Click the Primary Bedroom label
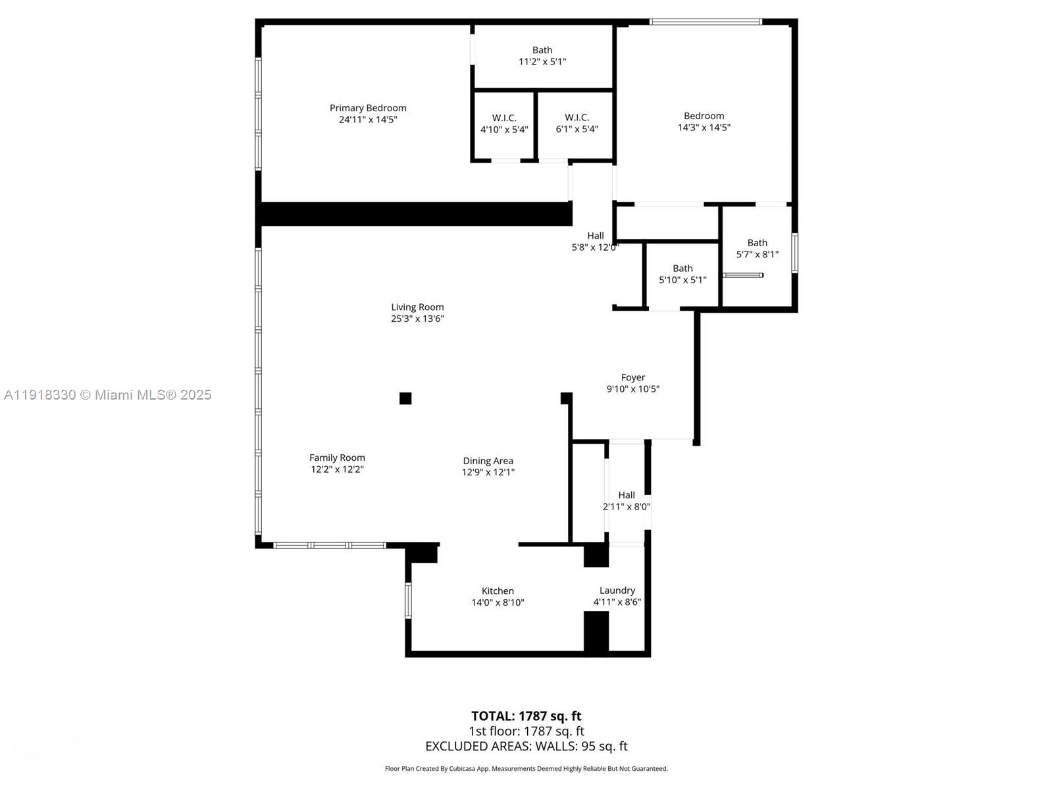[368, 108]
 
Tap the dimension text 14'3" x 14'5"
[704, 128]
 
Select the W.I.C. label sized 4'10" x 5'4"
[504, 118]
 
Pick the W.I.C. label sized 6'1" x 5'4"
[577, 118]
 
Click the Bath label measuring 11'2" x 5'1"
[542, 50]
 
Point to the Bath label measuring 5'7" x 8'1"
[757, 243]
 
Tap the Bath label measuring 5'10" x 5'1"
[682, 269]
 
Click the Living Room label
[417, 307]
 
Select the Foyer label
[632, 377]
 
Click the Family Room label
[337, 458]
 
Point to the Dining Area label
[488, 461]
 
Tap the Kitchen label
[498, 591]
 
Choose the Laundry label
[617, 591]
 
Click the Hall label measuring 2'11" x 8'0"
[626, 495]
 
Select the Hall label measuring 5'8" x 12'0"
[595, 236]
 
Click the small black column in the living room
[405, 398]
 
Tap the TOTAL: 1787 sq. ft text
[526, 716]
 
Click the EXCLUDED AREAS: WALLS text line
[526, 746]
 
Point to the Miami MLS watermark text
[108, 395]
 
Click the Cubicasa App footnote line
[526, 768]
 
